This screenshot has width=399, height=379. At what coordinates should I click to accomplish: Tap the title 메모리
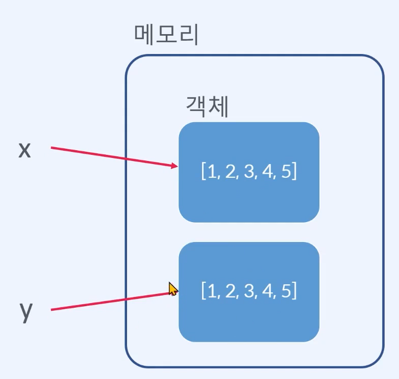(166, 35)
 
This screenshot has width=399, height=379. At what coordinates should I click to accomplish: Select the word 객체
(206, 107)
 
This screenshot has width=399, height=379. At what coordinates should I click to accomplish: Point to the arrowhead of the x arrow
(175, 166)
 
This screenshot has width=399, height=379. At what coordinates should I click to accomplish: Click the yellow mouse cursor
(173, 289)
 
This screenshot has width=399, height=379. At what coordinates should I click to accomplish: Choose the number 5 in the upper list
(285, 172)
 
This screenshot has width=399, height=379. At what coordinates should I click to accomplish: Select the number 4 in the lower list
(267, 291)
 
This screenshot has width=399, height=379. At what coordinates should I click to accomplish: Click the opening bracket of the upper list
(204, 172)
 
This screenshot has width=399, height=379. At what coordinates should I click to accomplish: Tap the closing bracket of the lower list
(294, 291)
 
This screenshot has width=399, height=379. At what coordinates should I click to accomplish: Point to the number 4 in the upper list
(267, 172)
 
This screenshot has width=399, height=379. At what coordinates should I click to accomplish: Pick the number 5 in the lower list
(285, 291)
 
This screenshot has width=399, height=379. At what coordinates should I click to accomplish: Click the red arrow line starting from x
(112, 156)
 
